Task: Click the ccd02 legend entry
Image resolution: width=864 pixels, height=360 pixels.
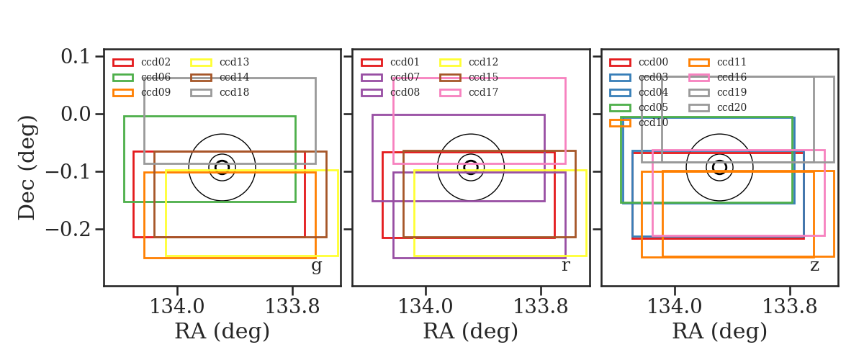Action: pyautogui.click(x=142, y=62)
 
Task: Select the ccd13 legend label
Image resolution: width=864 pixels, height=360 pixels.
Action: pyautogui.click(x=235, y=62)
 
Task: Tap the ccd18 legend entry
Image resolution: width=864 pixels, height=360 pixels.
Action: pyautogui.click(x=220, y=93)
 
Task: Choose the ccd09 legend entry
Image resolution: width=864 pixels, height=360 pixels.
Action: pyautogui.click(x=142, y=93)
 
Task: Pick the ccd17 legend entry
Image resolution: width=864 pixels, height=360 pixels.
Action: pyautogui.click(x=469, y=93)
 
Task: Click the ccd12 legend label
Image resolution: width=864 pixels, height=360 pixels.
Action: pyautogui.click(x=483, y=62)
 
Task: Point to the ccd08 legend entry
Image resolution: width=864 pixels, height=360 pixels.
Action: pyautogui.click(x=390, y=93)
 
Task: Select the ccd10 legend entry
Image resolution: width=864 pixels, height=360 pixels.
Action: pyautogui.click(x=639, y=122)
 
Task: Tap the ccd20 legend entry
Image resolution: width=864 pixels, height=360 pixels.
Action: pyautogui.click(x=717, y=108)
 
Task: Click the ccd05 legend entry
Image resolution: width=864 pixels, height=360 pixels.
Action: pyautogui.click(x=639, y=108)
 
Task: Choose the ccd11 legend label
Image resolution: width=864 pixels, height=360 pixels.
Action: pyautogui.click(x=732, y=62)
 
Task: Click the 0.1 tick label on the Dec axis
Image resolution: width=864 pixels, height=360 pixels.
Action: pyautogui.click(x=76, y=57)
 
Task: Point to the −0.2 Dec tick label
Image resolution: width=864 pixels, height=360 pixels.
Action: pyautogui.click(x=68, y=229)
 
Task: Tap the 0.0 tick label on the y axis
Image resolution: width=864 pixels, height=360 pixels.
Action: pyautogui.click(x=76, y=114)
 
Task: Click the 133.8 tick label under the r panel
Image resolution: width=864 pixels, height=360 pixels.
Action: pyautogui.click(x=541, y=307)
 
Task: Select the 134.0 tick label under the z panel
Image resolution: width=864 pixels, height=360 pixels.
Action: pyautogui.click(x=675, y=307)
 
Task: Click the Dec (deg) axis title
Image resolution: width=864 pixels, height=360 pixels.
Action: pyautogui.click(x=27, y=168)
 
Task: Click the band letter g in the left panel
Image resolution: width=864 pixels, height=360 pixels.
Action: pyautogui.click(x=317, y=266)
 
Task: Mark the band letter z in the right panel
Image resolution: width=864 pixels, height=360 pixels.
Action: pyautogui.click(x=814, y=266)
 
